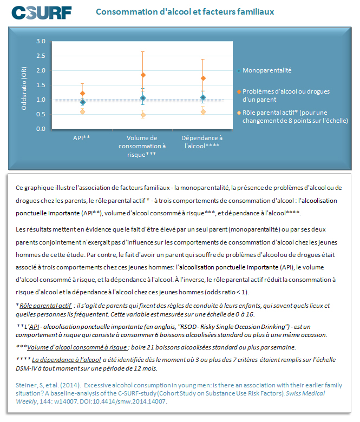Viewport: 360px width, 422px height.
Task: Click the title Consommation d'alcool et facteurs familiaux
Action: point(184,11)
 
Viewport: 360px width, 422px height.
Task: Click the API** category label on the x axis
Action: point(82,138)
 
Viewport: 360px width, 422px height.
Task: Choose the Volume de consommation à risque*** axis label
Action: point(142,146)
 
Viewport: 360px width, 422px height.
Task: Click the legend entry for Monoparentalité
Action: point(267,70)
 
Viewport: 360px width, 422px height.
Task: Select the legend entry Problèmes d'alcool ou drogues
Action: point(286,91)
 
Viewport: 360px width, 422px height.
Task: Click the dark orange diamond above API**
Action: point(82,94)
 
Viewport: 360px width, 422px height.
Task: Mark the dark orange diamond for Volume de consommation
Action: point(143,75)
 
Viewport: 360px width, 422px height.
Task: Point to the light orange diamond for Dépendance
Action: point(203,111)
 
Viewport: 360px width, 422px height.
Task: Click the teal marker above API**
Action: point(82,102)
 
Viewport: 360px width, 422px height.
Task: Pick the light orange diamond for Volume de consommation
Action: point(143,115)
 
